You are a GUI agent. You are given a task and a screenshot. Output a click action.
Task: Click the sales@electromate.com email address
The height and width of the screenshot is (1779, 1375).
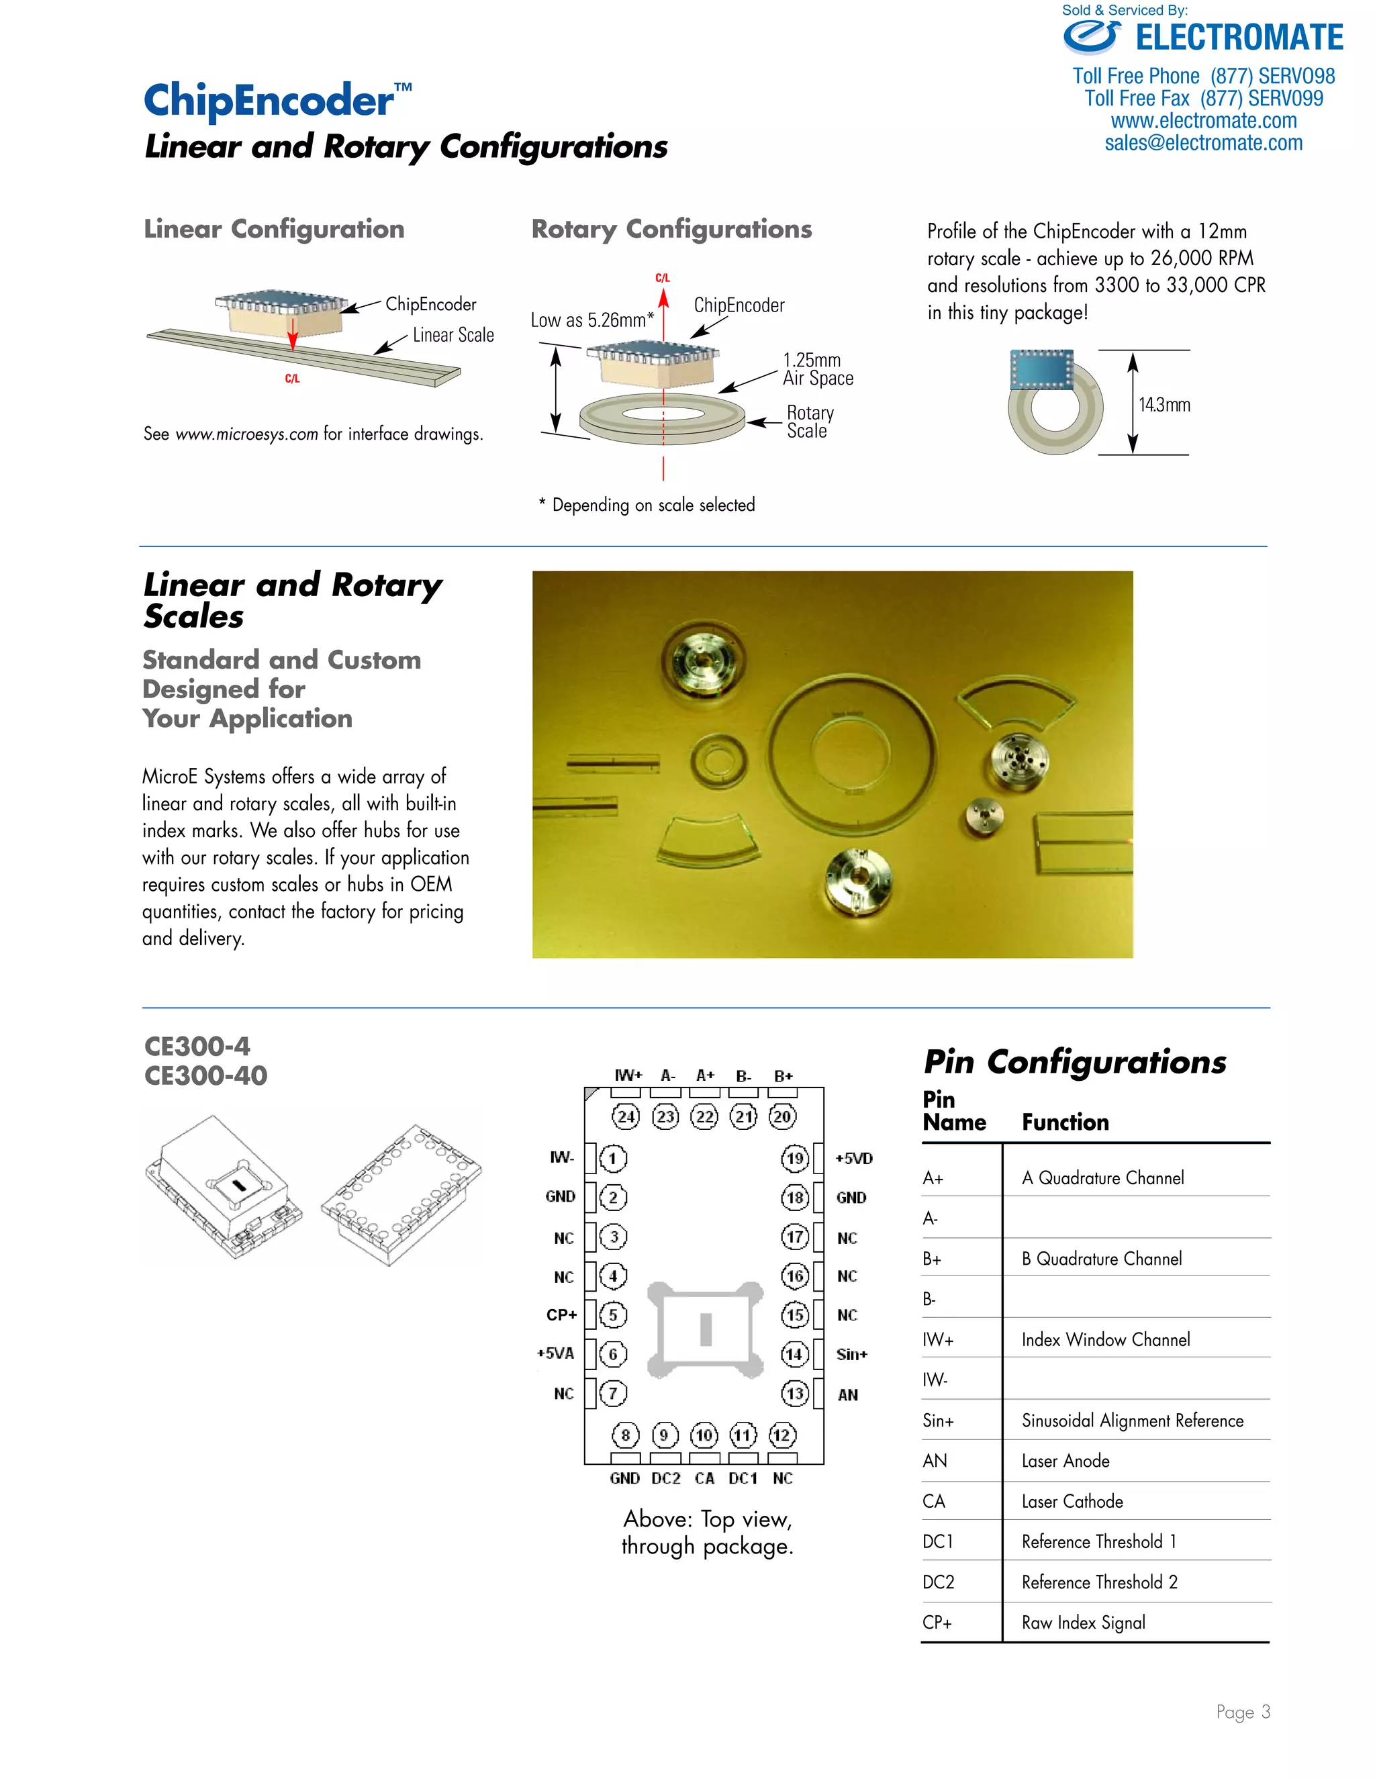coord(1203,144)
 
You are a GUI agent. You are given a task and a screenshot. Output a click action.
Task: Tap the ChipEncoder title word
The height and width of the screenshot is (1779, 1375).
coord(269,101)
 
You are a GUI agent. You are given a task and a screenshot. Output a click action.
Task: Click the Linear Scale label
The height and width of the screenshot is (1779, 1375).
coord(453,335)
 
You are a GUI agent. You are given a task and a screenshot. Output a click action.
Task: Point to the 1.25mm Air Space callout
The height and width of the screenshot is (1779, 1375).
coord(817,369)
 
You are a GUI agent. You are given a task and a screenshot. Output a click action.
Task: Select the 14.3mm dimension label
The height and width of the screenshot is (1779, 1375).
coord(1164,405)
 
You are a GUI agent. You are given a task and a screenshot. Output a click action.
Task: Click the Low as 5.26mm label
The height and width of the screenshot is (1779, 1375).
coord(591,320)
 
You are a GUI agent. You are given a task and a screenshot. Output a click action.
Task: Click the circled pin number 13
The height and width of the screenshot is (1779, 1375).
coord(795,1394)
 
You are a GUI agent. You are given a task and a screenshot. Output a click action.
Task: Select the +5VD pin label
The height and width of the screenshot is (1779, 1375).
coord(854,1158)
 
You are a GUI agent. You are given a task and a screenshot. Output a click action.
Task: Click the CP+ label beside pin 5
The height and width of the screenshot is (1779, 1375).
coord(561,1314)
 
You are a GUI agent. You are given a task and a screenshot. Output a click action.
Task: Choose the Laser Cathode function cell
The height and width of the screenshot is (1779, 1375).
coord(1072,1501)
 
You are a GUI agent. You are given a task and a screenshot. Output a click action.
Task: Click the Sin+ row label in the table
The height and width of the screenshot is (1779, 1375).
coord(937,1421)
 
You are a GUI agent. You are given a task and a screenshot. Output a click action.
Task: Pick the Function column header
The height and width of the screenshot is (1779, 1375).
coord(1065,1122)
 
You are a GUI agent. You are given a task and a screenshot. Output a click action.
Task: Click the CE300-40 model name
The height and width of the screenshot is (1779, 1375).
coord(205,1075)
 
